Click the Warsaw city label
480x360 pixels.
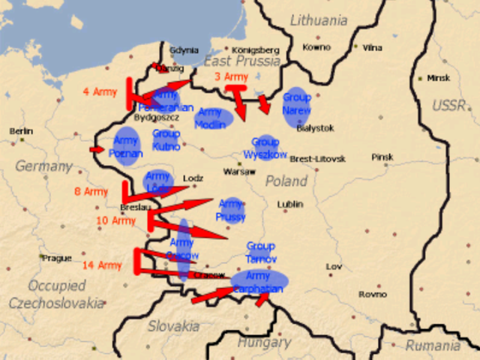239,172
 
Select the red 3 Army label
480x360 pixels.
230,76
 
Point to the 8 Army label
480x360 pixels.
91,192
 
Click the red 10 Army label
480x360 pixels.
116,220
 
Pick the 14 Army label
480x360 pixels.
101,265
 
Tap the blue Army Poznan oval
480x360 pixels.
126,146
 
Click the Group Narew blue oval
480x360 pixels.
296,104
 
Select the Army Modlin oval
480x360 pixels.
213,118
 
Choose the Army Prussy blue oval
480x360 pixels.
231,211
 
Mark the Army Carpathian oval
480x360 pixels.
259,282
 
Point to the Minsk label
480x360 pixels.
439,78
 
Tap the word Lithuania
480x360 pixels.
319,20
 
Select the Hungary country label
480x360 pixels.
263,342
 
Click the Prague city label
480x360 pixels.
56,258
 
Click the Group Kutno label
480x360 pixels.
166,139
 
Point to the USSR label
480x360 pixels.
448,104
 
